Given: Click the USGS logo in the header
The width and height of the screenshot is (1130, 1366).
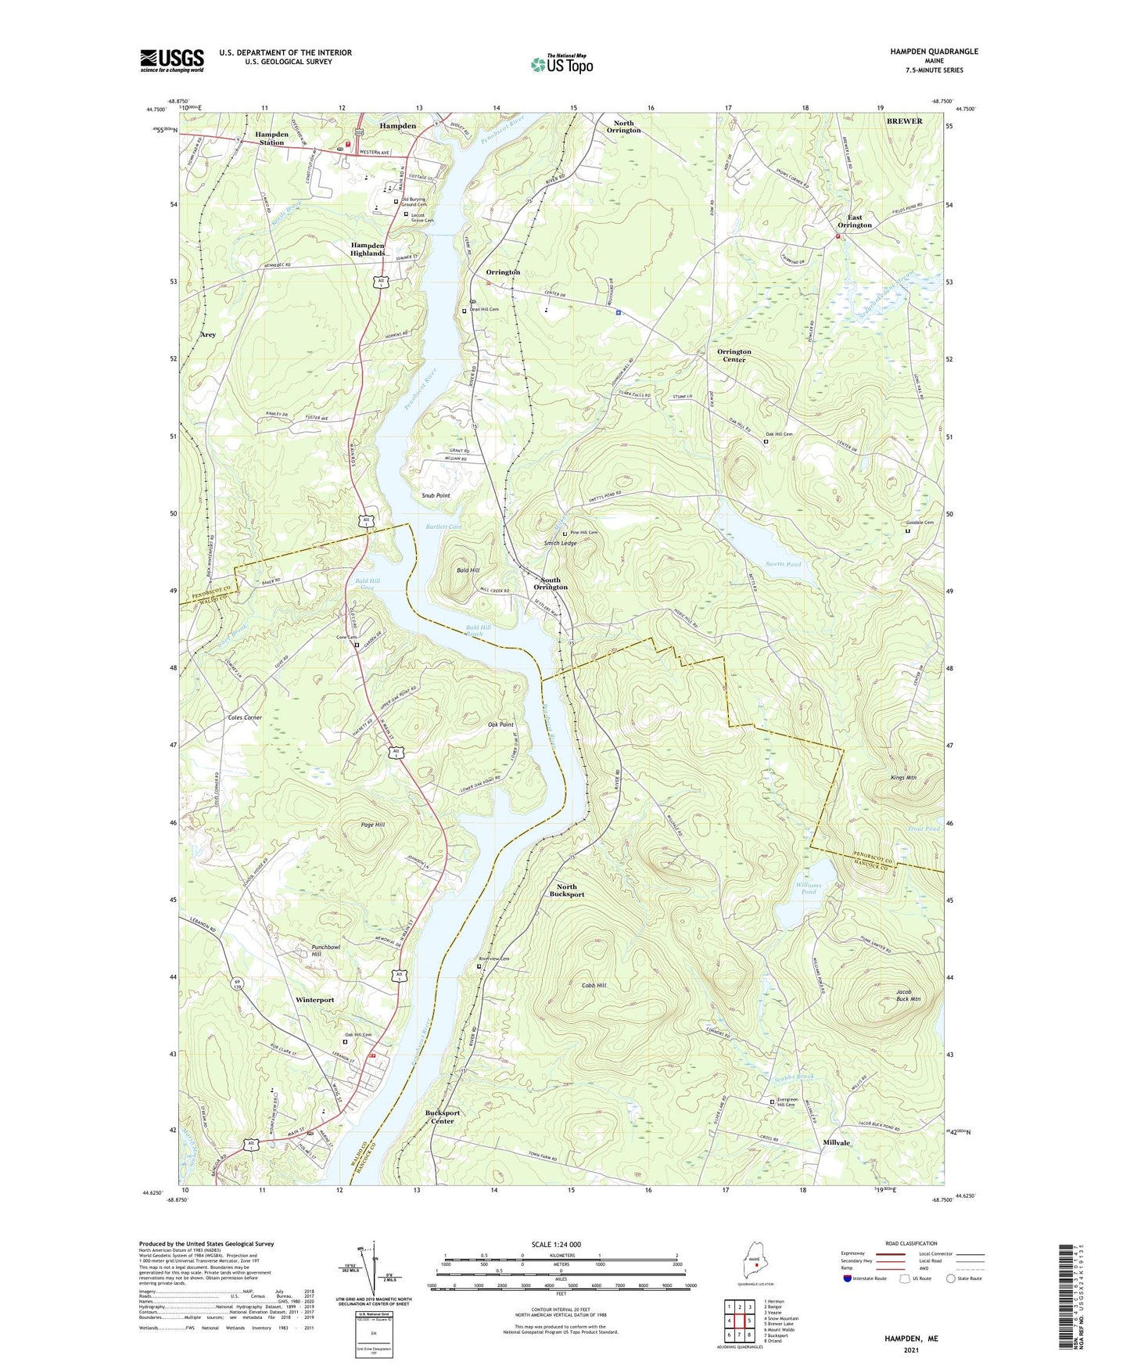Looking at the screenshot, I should (171, 60).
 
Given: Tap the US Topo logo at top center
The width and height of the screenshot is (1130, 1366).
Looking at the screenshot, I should (561, 64).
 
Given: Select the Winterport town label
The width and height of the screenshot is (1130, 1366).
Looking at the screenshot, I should (315, 1000).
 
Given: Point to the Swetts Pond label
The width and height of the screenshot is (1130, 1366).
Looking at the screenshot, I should (783, 564).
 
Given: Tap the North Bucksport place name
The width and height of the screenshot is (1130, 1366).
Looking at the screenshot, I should (566, 890).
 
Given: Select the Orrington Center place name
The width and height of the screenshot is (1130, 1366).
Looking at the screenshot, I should (734, 355).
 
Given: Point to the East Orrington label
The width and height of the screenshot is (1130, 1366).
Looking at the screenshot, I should (855, 221).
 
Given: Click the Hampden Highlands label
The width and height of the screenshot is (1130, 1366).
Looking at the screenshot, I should (368, 249).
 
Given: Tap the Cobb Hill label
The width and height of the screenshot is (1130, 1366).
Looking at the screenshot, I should (594, 985).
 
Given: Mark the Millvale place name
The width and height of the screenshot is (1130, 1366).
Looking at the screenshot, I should (836, 1142).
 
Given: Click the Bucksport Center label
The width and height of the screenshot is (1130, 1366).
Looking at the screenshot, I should (443, 1116).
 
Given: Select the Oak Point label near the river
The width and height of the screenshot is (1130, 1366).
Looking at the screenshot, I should (500, 724).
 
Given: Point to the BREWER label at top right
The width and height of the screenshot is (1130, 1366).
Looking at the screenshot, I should (904, 121).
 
